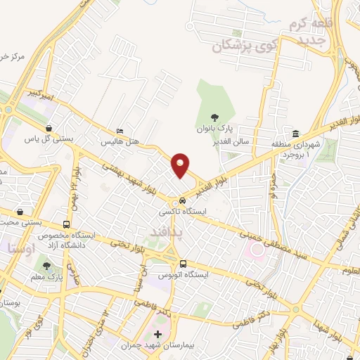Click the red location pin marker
(x=181, y=166)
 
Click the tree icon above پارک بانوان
(x=214, y=117)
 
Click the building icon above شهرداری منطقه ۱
(x=296, y=134)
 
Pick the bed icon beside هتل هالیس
(x=120, y=131)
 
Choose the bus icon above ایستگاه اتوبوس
(x=183, y=263)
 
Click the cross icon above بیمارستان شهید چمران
(x=157, y=334)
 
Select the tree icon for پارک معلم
(x=46, y=266)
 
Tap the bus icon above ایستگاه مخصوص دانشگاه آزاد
(x=67, y=224)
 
